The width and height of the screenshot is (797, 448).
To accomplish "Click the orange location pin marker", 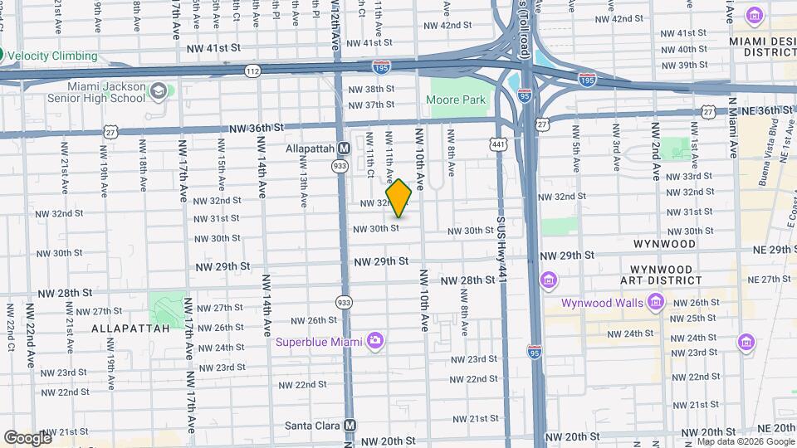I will coord(398,198).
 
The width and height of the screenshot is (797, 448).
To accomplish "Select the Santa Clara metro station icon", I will coord(350,425).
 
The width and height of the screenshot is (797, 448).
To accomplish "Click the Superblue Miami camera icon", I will coord(375,340).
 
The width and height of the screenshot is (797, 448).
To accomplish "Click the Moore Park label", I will coord(455,100).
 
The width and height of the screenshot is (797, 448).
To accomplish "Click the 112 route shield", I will coord(252,72).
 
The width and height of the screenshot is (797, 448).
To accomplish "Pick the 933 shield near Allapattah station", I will coord(340,165).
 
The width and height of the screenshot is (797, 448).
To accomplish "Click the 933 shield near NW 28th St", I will coord(343,303).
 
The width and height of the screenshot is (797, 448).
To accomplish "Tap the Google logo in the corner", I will coord(27,437).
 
